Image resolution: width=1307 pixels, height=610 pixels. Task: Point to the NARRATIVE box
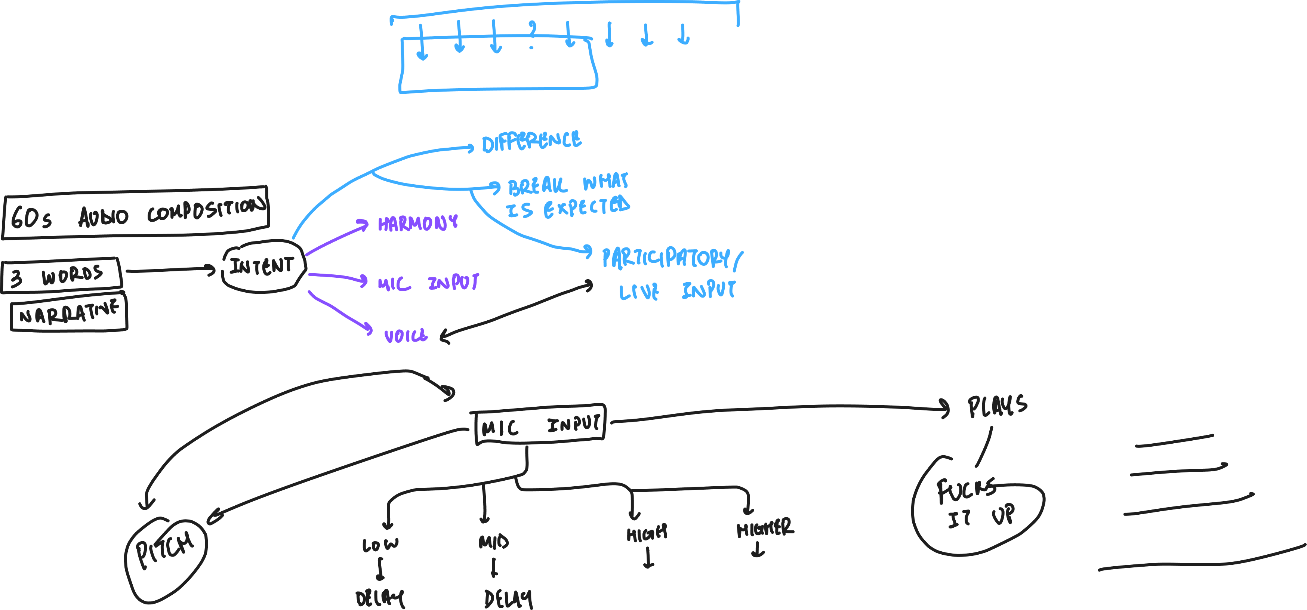point(69,314)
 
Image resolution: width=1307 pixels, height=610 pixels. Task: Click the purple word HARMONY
point(417,223)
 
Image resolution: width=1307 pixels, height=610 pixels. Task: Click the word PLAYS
point(997,406)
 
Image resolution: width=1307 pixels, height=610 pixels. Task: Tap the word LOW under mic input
point(380,545)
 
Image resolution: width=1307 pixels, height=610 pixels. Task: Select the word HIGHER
point(765,528)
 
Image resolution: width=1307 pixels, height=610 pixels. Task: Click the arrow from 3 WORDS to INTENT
point(170,270)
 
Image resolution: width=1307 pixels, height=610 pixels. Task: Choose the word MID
point(493,542)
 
